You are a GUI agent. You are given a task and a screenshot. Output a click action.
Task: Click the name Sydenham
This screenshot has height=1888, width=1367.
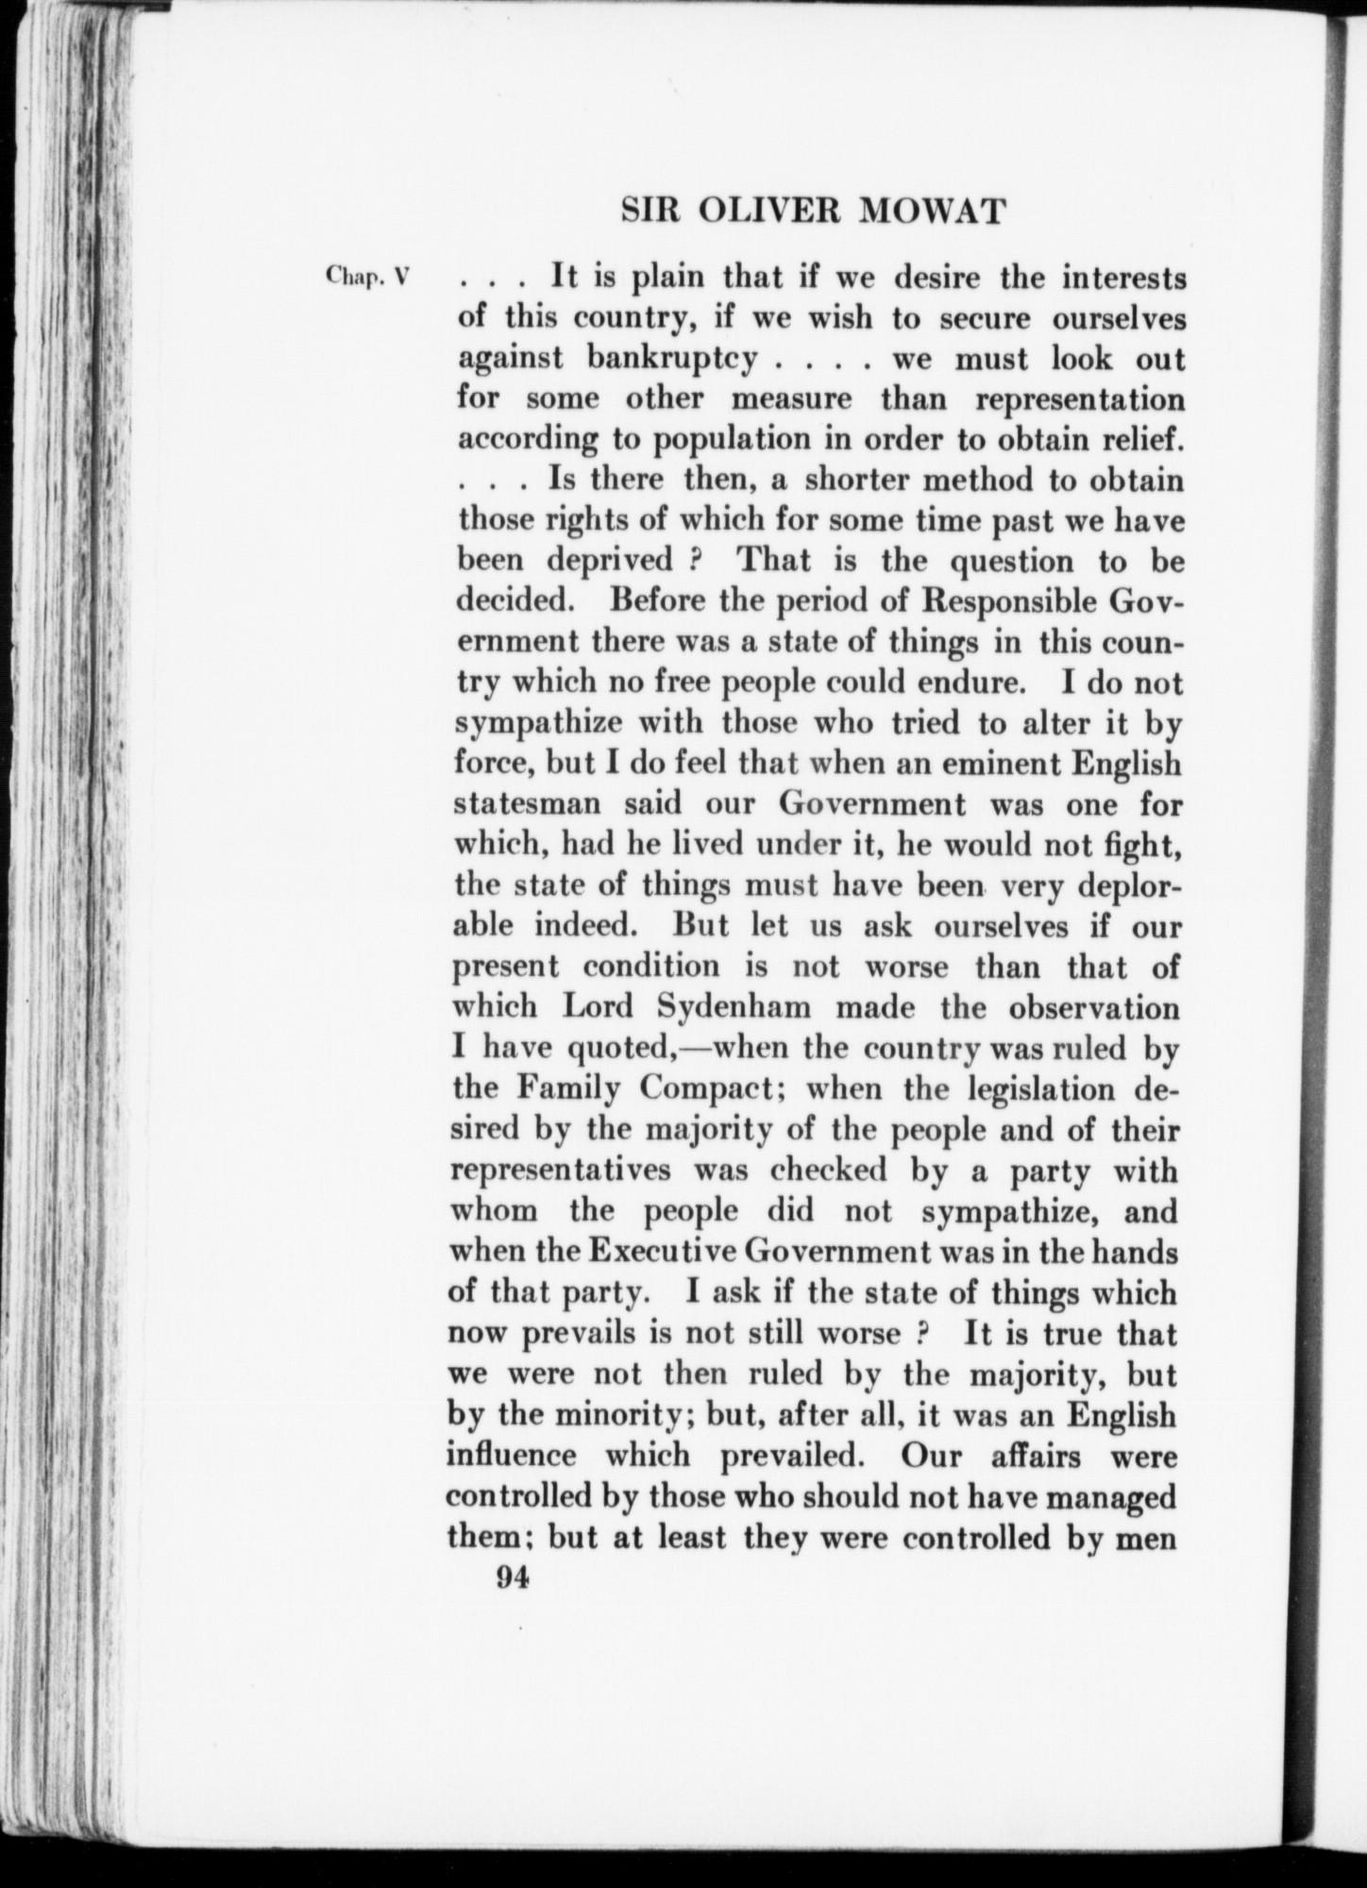(x=747, y=1007)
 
